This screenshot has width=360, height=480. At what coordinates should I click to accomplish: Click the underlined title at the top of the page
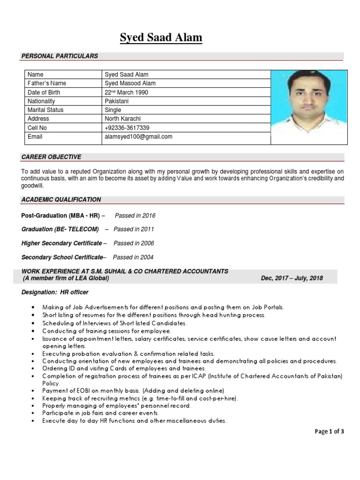tap(161, 37)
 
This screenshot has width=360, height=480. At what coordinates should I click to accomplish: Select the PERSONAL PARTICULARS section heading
tap(60, 56)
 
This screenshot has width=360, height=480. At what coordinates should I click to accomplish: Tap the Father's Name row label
tap(47, 83)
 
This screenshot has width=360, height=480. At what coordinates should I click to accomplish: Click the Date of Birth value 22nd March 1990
tap(126, 92)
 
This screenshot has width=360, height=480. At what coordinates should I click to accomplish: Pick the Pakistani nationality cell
tap(117, 101)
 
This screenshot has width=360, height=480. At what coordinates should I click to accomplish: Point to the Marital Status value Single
tap(113, 110)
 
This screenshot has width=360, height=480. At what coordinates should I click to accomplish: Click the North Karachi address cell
tap(122, 119)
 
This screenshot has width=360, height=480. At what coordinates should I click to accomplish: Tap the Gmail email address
tap(138, 137)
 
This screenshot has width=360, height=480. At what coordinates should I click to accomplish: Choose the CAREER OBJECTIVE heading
tap(51, 157)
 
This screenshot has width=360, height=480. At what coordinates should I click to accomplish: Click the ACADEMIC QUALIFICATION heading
tap(61, 200)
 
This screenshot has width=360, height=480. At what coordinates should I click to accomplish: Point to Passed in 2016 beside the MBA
tap(135, 216)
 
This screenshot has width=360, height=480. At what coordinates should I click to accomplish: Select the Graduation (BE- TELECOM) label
tap(60, 230)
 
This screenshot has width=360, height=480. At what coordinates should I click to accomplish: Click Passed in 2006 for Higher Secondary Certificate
tap(134, 244)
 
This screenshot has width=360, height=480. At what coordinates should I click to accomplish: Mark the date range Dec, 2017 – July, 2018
tap(292, 278)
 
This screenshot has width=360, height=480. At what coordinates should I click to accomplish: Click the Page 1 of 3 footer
tap(330, 432)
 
